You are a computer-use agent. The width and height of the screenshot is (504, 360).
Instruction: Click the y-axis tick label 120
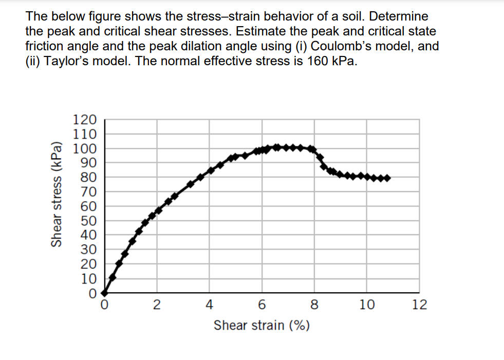85,120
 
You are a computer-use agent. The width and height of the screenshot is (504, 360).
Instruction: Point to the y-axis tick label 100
85,149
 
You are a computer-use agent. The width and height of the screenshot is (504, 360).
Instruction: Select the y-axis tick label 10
88,279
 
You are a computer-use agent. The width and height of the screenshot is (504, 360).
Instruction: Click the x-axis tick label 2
157,305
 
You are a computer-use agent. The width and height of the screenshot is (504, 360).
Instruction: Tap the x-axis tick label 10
367,305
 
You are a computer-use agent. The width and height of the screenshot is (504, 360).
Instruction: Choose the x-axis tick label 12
419,305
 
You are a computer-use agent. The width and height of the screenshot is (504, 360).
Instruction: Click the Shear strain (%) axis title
262,325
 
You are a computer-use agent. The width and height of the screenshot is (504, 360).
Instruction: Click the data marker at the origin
104,293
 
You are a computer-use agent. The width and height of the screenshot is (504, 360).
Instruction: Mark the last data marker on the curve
387,178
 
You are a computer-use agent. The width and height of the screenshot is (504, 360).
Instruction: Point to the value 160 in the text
318,61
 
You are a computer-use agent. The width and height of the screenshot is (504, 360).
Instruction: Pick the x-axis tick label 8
314,305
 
